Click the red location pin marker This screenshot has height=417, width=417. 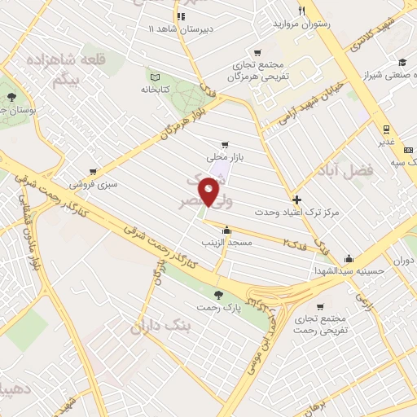click(210, 192)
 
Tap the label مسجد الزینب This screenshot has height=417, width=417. click(228, 243)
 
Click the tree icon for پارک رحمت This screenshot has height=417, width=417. click(217, 294)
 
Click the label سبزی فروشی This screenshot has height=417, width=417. click(94, 183)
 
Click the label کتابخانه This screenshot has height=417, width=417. click(155, 88)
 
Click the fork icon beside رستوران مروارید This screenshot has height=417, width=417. click(302, 11)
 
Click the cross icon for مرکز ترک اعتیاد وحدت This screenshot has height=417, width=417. click(296, 199)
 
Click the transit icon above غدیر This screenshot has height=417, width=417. click(387, 129)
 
